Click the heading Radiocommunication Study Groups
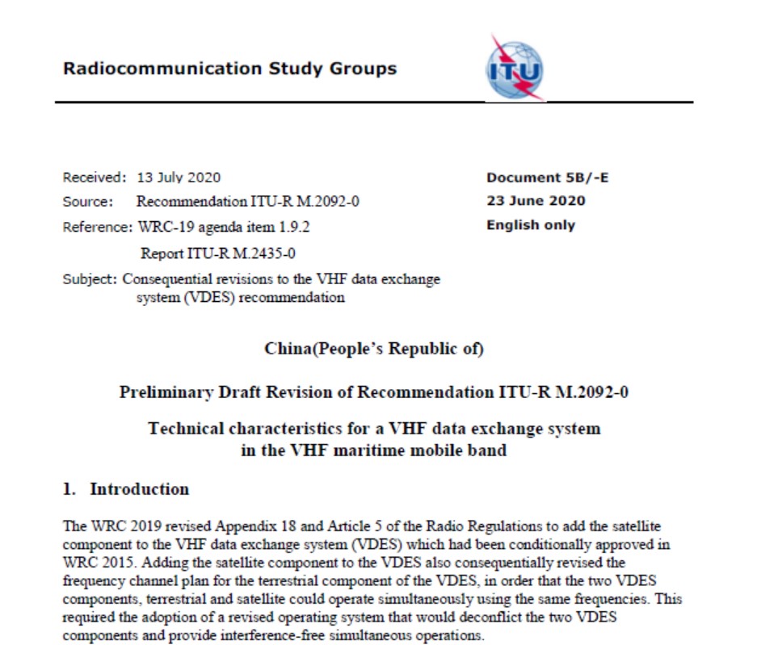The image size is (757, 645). click(x=229, y=69)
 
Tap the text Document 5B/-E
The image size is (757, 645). click(x=547, y=178)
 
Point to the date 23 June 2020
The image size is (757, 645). click(x=536, y=201)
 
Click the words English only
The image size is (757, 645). click(x=530, y=225)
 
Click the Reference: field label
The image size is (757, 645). click(x=97, y=227)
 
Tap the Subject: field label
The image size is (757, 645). click(x=90, y=279)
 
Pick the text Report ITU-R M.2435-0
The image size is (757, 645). click(x=218, y=253)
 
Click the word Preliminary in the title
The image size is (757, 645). click(x=166, y=392)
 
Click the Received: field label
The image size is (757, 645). click(x=95, y=178)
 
